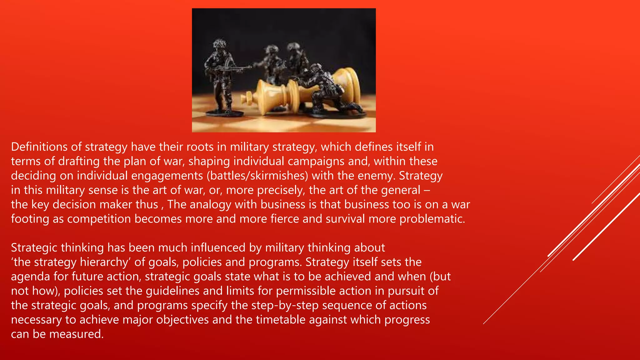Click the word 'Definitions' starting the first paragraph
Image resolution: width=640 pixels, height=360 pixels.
[x=39, y=147]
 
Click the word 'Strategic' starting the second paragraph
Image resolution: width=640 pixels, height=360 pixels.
[x=34, y=247]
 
